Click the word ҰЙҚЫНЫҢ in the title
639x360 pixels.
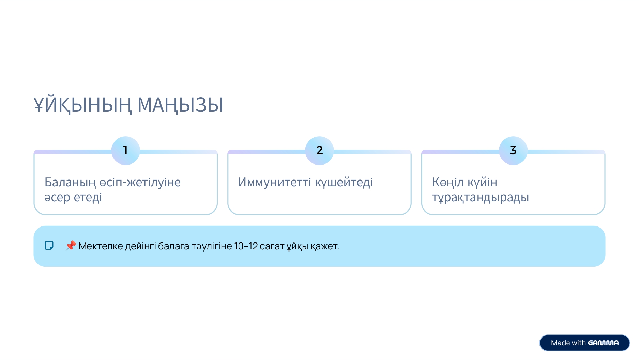82,105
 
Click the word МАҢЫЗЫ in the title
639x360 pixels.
180,105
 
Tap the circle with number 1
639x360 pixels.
125,151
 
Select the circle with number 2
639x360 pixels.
319,151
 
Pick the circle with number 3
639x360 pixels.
513,151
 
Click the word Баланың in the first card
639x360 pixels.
70,183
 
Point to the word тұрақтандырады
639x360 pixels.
481,198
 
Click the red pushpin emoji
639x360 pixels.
71,246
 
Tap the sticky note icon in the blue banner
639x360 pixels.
49,246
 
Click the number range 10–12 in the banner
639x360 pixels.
246,246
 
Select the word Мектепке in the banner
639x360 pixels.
101,246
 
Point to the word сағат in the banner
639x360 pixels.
272,246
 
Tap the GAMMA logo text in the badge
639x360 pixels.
603,343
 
